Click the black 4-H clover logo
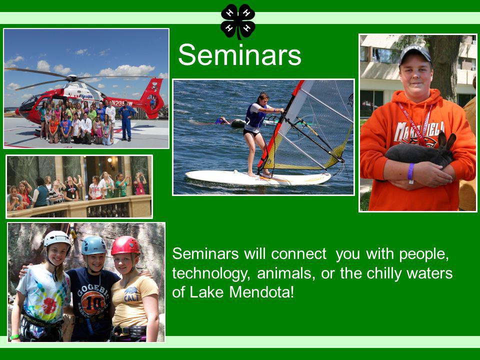tap(238, 21)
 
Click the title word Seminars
tap(239, 55)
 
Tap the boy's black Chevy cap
tap(415, 55)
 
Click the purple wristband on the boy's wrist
tap(411, 171)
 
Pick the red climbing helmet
tap(125, 245)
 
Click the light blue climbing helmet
tap(93, 245)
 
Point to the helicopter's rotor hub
tap(72, 78)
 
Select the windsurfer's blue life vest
tap(255, 115)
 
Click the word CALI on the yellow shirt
tap(131, 296)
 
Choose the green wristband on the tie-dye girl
tap(14, 337)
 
